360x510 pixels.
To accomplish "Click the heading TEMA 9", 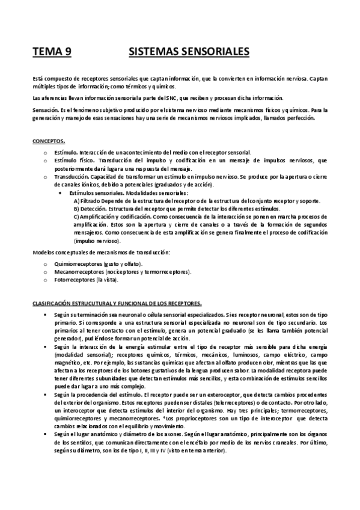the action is (x=52, y=52).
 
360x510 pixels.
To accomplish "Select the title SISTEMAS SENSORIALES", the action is (x=189, y=52).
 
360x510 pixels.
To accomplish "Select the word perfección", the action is (x=302, y=118).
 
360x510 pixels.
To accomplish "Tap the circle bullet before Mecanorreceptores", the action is (x=46, y=272).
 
